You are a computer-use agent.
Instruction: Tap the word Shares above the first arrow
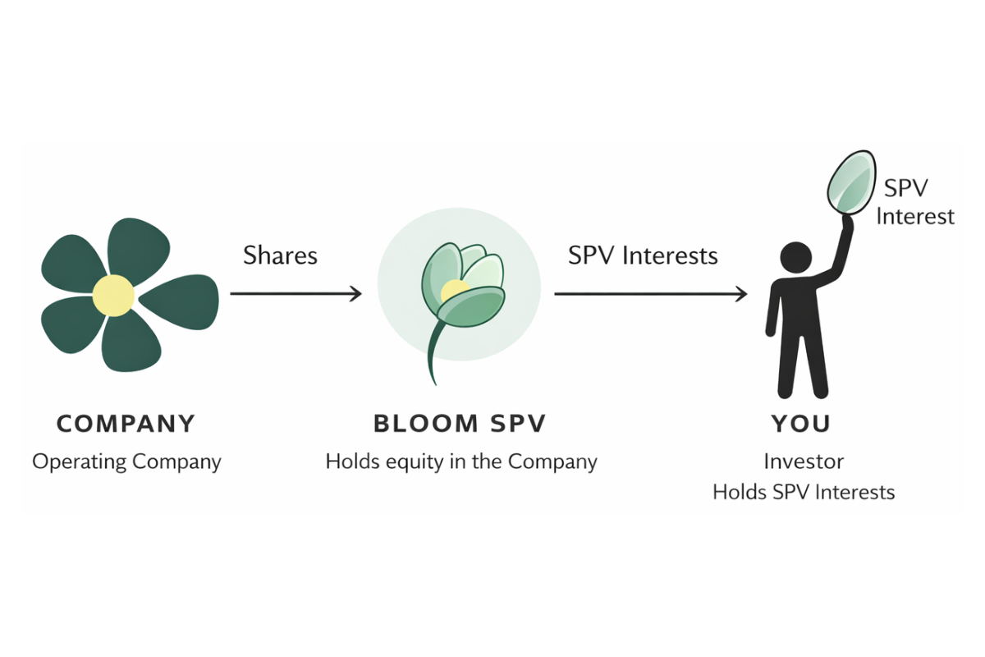[280, 255]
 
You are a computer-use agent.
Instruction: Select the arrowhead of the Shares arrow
[355, 293]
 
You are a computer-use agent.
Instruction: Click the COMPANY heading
[126, 424]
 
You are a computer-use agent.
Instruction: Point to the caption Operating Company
[126, 462]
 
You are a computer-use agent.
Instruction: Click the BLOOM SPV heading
[460, 424]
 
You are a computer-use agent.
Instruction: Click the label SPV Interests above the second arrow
[643, 255]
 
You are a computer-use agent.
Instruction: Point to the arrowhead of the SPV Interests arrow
[741, 293]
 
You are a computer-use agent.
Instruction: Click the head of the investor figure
[795, 258]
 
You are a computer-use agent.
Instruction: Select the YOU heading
[801, 424]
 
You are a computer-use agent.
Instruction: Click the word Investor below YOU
[804, 462]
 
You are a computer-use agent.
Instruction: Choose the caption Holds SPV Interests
[804, 492]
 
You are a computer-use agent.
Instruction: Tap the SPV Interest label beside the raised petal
[915, 202]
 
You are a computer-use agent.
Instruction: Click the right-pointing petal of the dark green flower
[182, 301]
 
